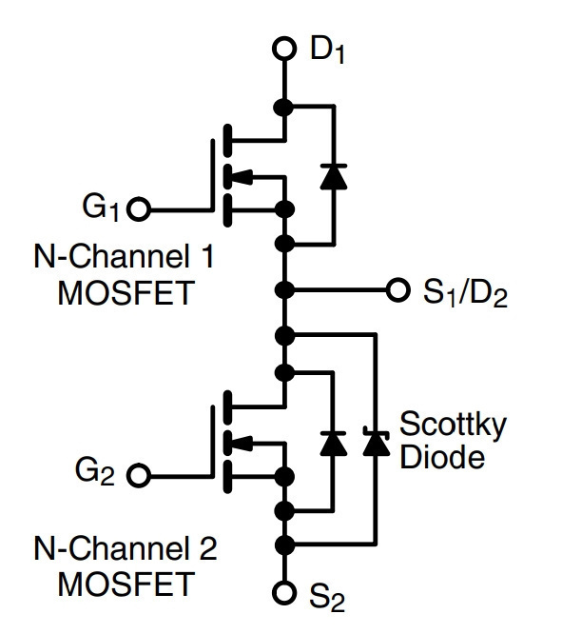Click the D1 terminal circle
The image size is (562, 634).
284,49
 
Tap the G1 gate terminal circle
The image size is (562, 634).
139,209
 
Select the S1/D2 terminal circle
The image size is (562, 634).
398,289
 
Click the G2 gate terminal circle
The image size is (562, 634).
139,475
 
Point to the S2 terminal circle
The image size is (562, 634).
284,592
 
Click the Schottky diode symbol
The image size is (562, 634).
377,442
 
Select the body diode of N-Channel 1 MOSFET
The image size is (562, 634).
334,177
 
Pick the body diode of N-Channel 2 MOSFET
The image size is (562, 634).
334,444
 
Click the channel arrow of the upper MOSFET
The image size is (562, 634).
242,176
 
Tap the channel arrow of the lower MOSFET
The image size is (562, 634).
242,443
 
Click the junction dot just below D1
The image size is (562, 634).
283,108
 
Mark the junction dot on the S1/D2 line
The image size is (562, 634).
284,290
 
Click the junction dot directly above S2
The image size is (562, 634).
284,545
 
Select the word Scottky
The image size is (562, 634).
453,425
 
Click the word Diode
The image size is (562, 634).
442,457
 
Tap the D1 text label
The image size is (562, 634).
327,50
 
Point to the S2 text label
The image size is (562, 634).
327,597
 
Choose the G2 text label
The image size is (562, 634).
95,472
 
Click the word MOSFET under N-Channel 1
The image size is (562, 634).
126,293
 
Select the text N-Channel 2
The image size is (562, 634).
126,548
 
